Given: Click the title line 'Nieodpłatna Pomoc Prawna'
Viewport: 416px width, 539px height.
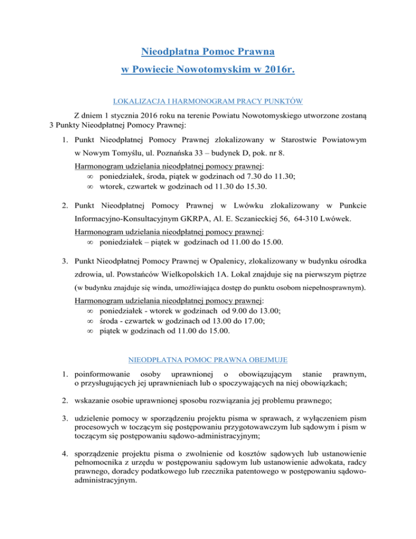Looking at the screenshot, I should [x=208, y=52].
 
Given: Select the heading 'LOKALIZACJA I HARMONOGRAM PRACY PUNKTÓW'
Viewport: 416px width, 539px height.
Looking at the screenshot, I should [x=208, y=101].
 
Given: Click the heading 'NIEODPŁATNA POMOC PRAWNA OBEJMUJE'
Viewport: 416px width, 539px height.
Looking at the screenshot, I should [x=208, y=359].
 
